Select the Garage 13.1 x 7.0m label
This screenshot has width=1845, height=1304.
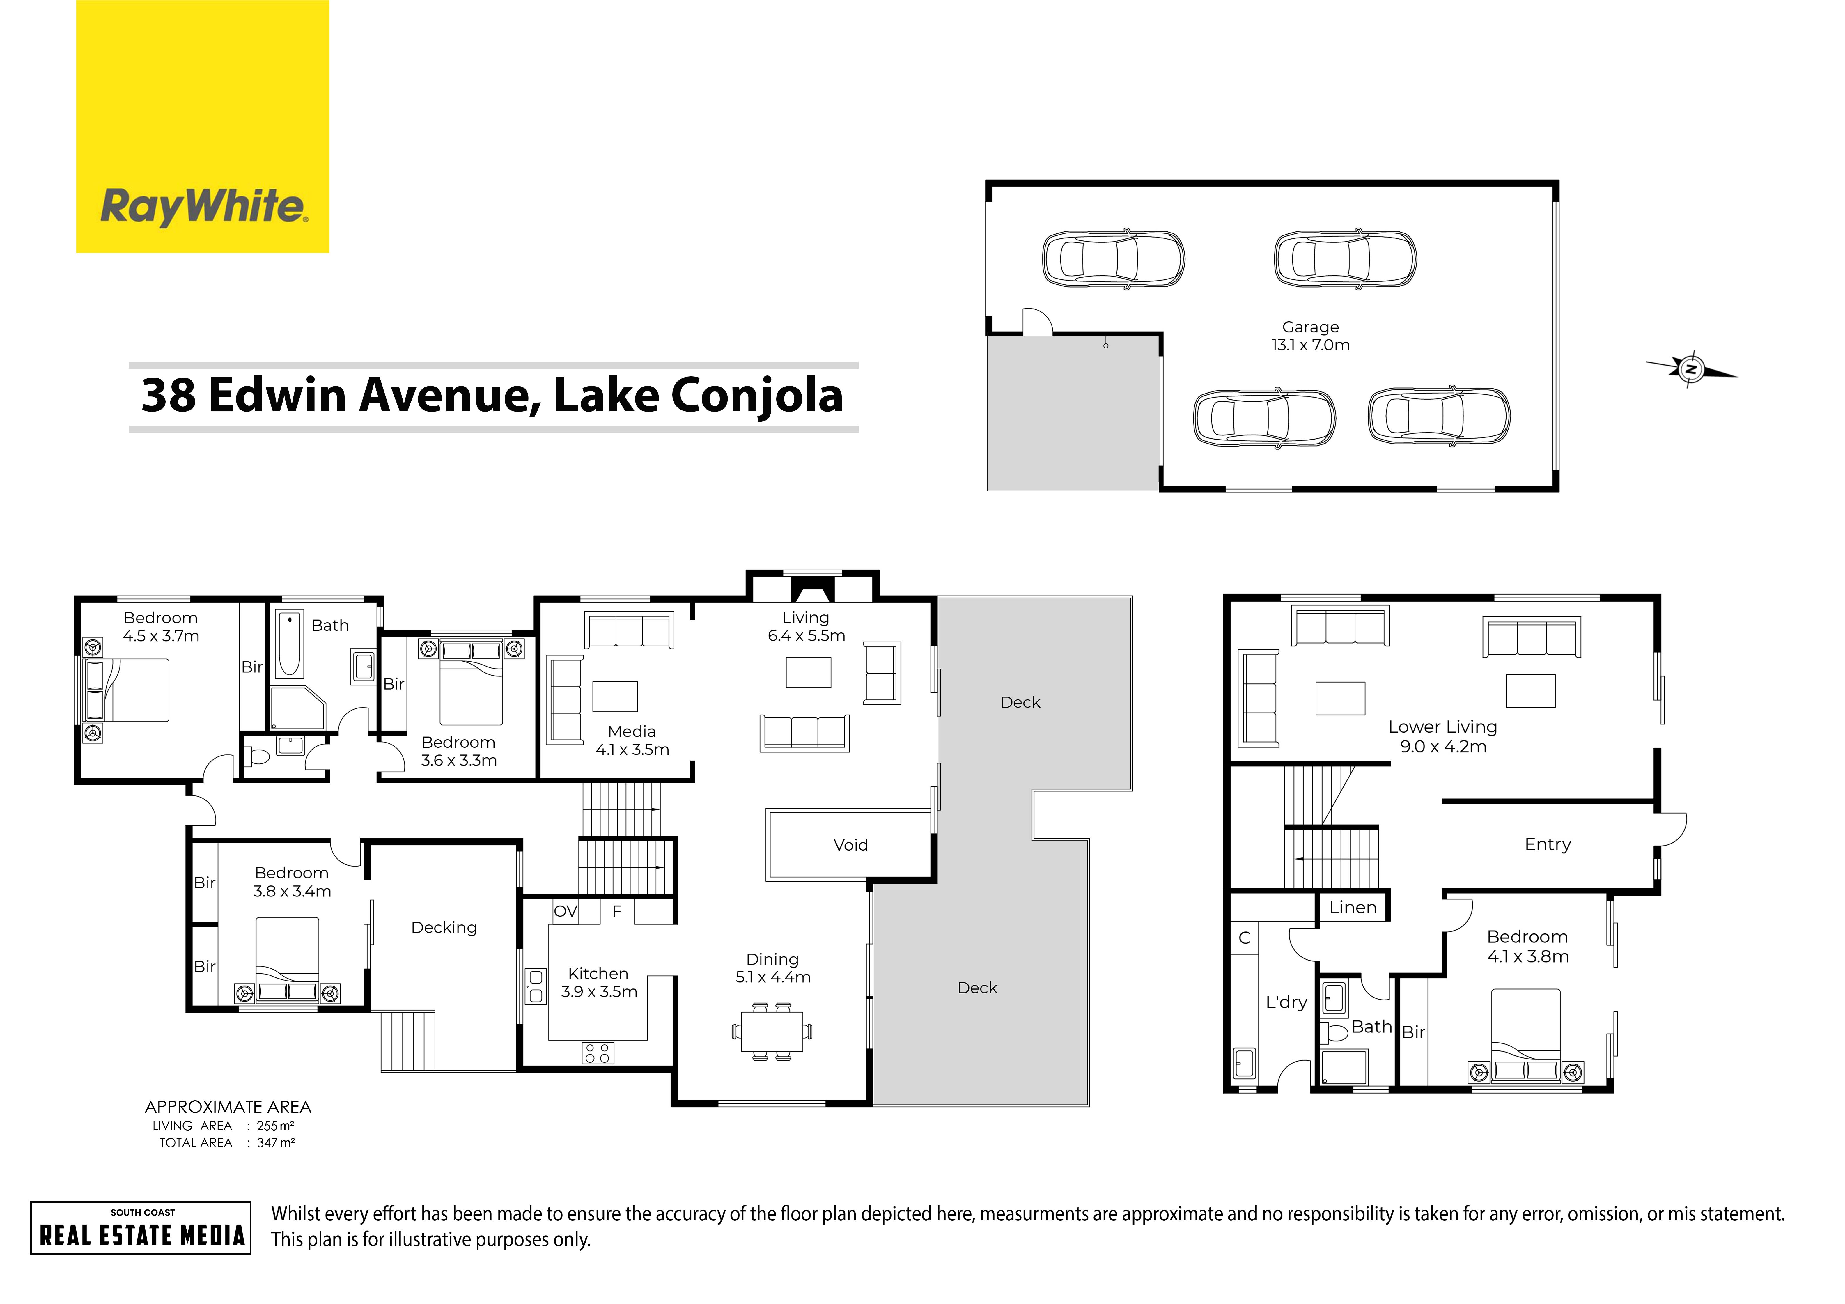coord(1311,336)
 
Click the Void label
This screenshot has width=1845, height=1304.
coord(850,845)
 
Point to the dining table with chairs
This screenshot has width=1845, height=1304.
coord(771,1032)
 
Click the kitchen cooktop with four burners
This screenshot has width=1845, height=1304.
coord(598,1053)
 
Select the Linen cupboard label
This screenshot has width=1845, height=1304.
coord(1353,908)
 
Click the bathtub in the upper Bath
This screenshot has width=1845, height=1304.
coord(289,644)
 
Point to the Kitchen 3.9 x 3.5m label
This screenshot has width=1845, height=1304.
coord(599,983)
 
